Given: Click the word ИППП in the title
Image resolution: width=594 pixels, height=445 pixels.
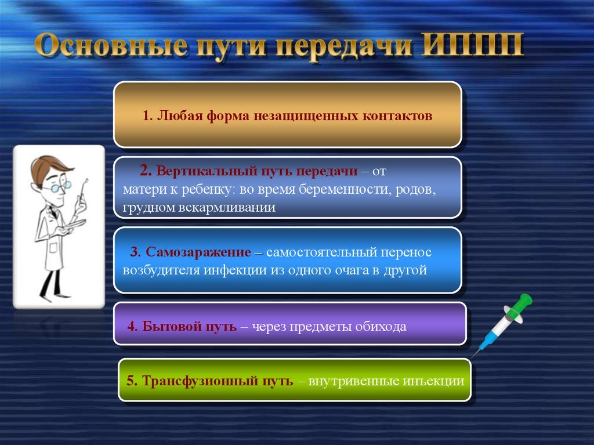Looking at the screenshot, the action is (472, 46).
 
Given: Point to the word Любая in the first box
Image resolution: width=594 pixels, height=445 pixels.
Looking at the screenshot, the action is (179, 115).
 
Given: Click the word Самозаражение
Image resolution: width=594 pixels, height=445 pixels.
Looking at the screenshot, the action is (198, 252).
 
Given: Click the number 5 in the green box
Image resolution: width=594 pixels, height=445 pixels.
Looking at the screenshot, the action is (131, 380).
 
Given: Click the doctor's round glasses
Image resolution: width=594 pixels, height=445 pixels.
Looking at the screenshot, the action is (60, 187).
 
